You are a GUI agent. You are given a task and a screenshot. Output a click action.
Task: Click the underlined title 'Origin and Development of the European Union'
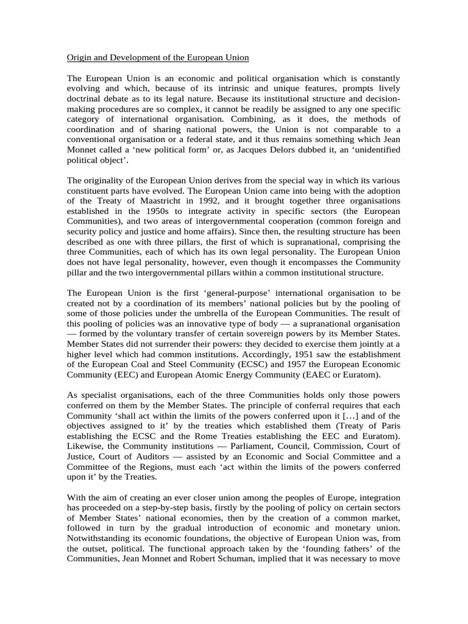157,58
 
